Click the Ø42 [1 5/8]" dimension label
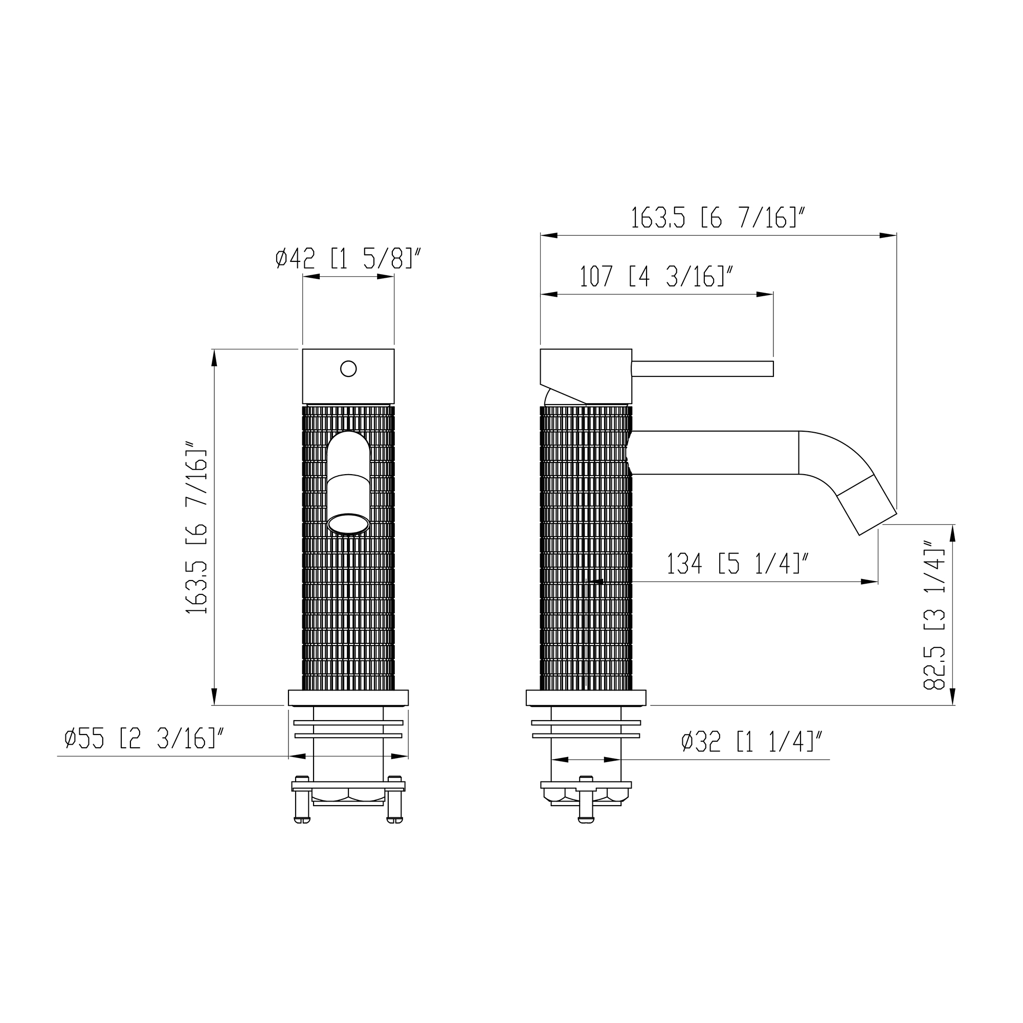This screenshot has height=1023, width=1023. tap(348, 258)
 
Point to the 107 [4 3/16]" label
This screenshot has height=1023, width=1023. tap(657, 276)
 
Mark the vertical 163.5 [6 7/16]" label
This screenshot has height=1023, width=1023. tap(196, 527)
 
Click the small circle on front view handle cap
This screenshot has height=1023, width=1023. tap(348, 368)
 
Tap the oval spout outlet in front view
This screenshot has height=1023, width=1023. tap(348, 524)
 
